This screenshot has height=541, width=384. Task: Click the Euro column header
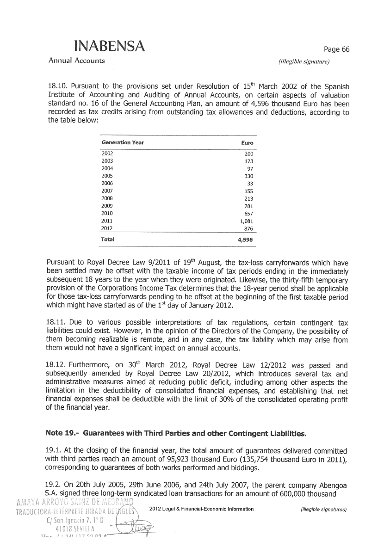coord(248,143)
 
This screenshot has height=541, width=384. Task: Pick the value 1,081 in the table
coord(247,221)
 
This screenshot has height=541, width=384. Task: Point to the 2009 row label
coord(107,206)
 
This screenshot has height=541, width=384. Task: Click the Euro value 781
coord(248,206)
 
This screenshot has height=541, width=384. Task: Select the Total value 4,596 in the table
coord(245,240)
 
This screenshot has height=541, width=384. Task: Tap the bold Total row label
coord(108,240)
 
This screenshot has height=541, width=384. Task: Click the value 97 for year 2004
coord(250,168)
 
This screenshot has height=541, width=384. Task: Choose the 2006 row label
coord(107,183)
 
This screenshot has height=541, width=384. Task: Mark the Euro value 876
coord(248,229)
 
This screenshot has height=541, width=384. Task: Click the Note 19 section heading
coord(176,434)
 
